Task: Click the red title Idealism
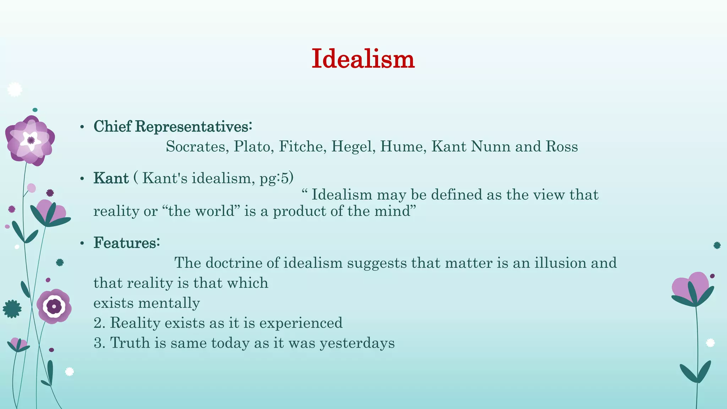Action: click(363, 59)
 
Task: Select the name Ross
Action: click(562, 147)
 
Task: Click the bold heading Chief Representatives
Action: click(173, 126)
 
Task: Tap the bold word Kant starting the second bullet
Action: click(111, 178)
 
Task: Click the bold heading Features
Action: click(126, 243)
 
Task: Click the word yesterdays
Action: click(357, 343)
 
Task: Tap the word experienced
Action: click(301, 323)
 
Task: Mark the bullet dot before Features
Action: click(82, 243)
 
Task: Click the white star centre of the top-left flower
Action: click(31, 140)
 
